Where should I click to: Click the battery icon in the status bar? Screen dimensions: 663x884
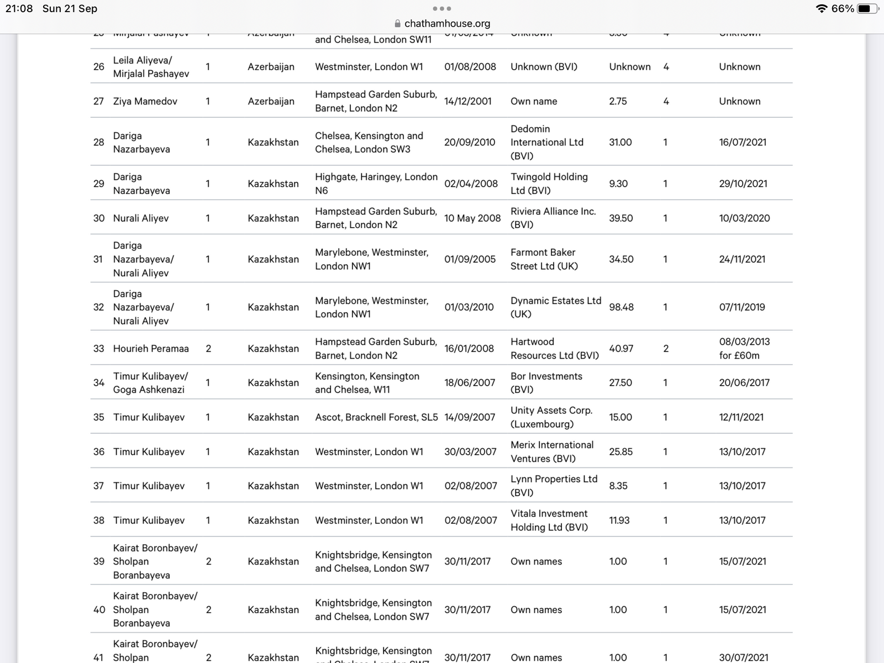(867, 9)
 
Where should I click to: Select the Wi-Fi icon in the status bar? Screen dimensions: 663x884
(822, 9)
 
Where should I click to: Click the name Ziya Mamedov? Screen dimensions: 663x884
(145, 101)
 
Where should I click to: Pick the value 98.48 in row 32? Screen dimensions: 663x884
(621, 307)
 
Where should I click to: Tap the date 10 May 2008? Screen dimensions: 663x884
(472, 218)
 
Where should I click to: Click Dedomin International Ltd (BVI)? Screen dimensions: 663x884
(546, 142)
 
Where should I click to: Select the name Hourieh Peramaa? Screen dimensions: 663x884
(151, 349)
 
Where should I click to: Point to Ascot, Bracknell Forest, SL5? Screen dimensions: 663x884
(376, 417)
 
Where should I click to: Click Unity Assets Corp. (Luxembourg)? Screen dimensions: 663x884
(551, 417)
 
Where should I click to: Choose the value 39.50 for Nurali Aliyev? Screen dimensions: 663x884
(621, 218)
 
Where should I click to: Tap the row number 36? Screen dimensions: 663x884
(99, 451)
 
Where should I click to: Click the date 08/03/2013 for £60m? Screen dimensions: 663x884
(744, 349)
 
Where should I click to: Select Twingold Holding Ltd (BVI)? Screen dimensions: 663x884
(549, 183)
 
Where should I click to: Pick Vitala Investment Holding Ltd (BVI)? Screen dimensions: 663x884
(549, 520)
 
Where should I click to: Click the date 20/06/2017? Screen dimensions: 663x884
(744, 382)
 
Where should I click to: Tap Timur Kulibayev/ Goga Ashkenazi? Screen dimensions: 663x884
(150, 382)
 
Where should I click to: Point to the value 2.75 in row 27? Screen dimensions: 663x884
(618, 101)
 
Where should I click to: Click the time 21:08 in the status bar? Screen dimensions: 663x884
(19, 9)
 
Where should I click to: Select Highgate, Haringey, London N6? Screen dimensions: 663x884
(376, 183)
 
